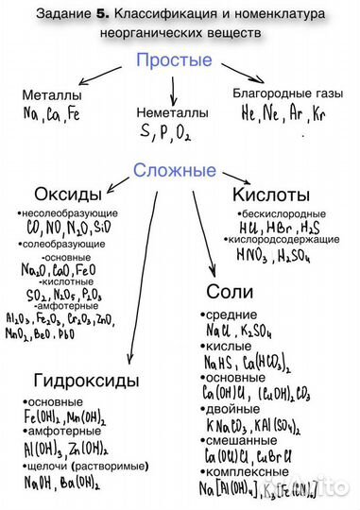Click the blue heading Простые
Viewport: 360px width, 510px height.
coord(173,60)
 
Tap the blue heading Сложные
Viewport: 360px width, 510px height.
coord(174,171)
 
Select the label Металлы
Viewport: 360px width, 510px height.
coord(53,96)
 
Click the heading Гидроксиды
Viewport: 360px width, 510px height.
coord(86,381)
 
